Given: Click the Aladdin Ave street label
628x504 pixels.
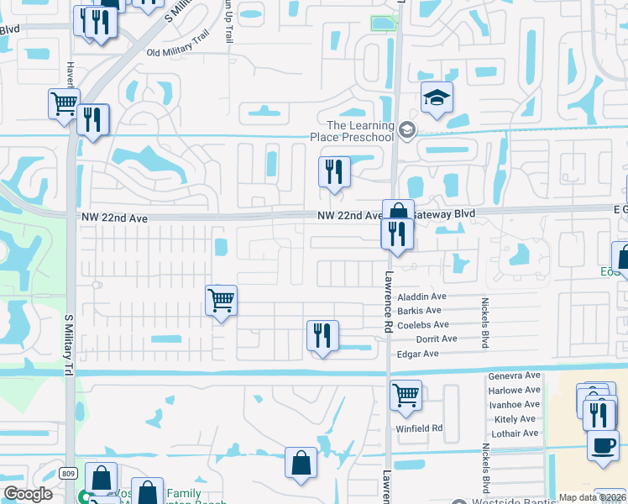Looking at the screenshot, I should pyautogui.click(x=421, y=297).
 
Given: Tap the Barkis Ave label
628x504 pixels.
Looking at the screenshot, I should pyautogui.click(x=420, y=311).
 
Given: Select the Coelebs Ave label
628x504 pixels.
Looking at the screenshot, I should pyautogui.click(x=423, y=325).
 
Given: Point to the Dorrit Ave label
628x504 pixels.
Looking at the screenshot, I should pyautogui.click(x=437, y=339).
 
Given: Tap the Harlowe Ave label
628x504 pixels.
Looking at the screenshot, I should pyautogui.click(x=514, y=391).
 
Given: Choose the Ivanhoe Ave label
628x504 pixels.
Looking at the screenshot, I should pyautogui.click(x=514, y=405).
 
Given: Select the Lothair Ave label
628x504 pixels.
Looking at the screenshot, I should pyautogui.click(x=513, y=433).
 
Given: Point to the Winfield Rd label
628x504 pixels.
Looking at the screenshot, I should pyautogui.click(x=420, y=428).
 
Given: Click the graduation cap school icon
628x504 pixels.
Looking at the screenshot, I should pyautogui.click(x=437, y=98).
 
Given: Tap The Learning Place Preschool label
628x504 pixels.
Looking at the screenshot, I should pyautogui.click(x=360, y=131).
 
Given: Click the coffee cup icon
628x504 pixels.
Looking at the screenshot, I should pyautogui.click(x=602, y=444).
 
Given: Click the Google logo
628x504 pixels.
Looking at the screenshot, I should pyautogui.click(x=29, y=494).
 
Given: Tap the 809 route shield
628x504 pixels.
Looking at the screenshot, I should pyautogui.click(x=68, y=475).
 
